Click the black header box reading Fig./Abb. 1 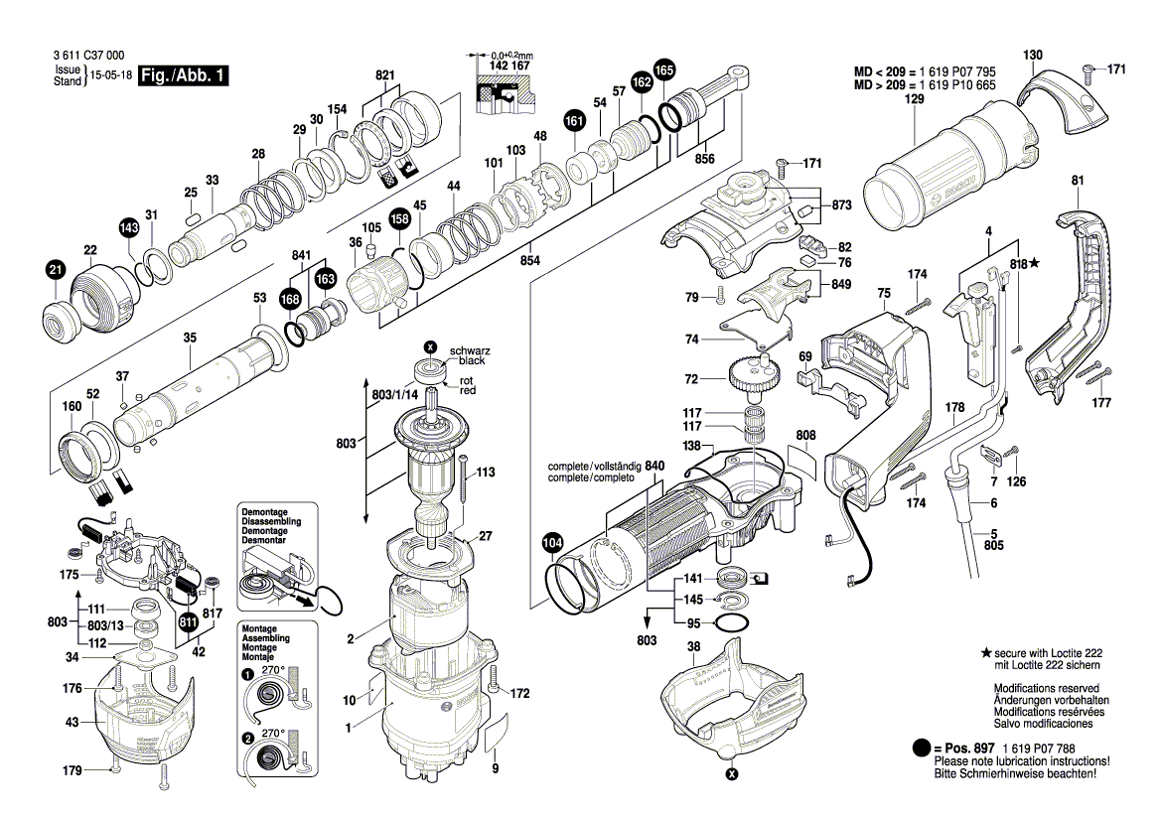coord(183,75)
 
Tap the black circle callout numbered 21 coord(56,270)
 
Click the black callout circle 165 coord(664,70)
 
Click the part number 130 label coord(1032,55)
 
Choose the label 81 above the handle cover coord(1078,180)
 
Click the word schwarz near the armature coord(470,350)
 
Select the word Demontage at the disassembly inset coord(264,512)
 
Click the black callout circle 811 coord(188,622)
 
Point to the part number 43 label coord(72,722)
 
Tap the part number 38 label coord(693,647)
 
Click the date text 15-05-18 coord(111,75)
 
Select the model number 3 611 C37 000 coord(88,56)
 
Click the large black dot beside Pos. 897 coord(921,749)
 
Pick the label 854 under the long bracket coord(529,260)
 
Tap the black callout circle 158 coord(400,219)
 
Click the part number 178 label coord(955,407)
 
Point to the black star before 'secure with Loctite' coord(985,653)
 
